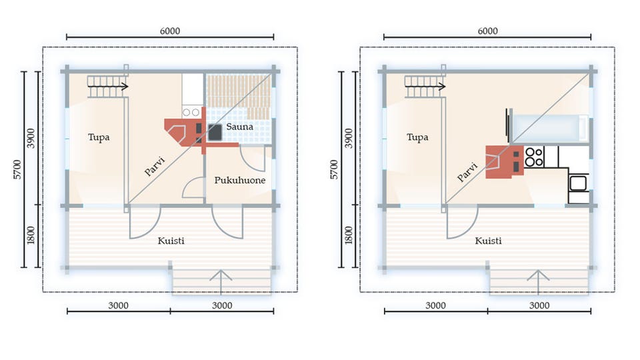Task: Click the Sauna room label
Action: click(239, 127)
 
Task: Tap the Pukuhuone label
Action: click(240, 180)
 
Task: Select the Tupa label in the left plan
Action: click(99, 137)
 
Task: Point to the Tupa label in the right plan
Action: click(417, 137)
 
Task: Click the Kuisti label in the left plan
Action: click(171, 241)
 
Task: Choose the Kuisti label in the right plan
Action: click(488, 241)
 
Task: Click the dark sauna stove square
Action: click(215, 132)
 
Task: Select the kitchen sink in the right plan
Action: click(578, 183)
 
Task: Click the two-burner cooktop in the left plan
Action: click(191, 112)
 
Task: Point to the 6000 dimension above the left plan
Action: click(170, 31)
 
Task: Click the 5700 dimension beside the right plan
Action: click(334, 169)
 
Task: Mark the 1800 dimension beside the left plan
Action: click(31, 235)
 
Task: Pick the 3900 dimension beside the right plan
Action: click(348, 139)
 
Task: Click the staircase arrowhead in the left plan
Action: click(125, 87)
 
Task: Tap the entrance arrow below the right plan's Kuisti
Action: click(538, 281)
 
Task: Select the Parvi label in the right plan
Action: click(467, 172)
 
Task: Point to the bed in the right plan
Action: click(549, 129)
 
